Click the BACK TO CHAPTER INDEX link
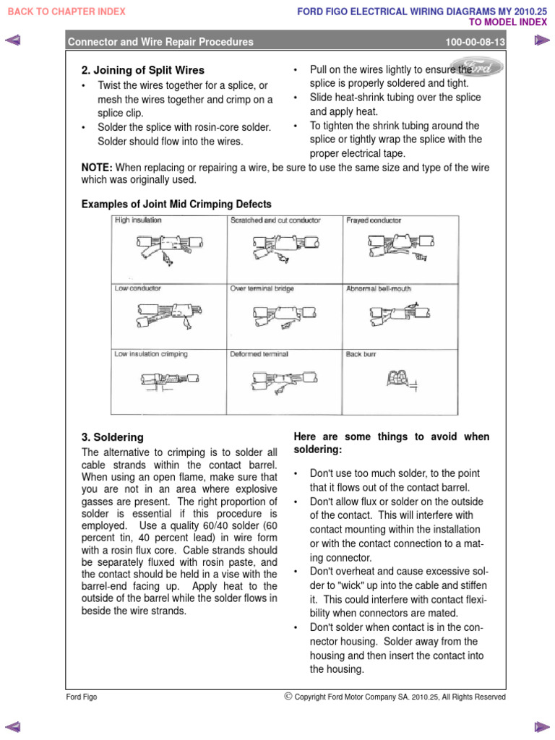pyautogui.click(x=66, y=12)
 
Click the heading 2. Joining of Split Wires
pyautogui.click(x=143, y=71)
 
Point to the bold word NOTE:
pyautogui.click(x=97, y=168)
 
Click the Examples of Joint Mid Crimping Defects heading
pyautogui.click(x=176, y=205)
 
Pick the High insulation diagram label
pyautogui.click(x=138, y=220)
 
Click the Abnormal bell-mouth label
pyautogui.click(x=379, y=288)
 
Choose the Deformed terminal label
pyautogui.click(x=259, y=354)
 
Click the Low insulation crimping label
pyautogui.click(x=151, y=354)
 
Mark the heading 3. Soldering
pyautogui.click(x=113, y=437)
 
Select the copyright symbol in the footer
pyautogui.click(x=288, y=697)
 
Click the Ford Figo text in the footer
pyautogui.click(x=82, y=697)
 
